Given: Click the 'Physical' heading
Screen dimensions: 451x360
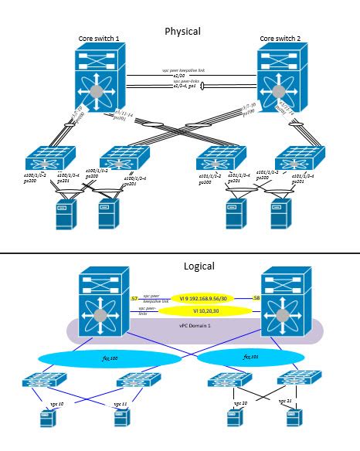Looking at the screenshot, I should pyautogui.click(x=183, y=32).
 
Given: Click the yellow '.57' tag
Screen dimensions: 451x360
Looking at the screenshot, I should pyautogui.click(x=134, y=298).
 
